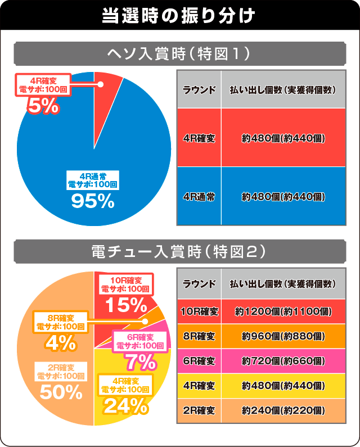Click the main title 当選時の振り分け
click(179, 15)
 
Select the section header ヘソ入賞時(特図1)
click(179, 55)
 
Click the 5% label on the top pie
click(43, 105)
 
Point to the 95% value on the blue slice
click(93, 201)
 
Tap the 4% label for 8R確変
click(60, 341)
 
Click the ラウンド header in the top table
click(199, 89)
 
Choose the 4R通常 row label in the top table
click(199, 196)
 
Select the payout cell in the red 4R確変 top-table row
click(283, 138)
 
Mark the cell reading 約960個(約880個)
click(283, 336)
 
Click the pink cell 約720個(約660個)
click(283, 361)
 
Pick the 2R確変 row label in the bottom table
click(199, 410)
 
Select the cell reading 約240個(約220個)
click(283, 410)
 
